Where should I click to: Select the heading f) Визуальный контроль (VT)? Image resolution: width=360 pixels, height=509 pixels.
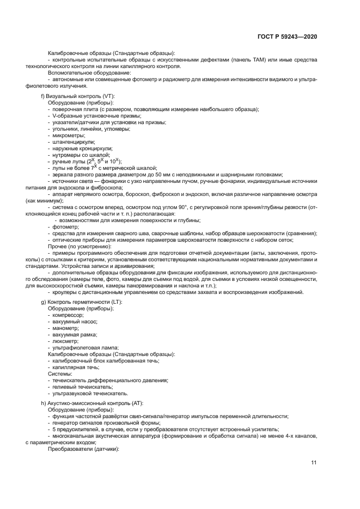(x=78, y=96)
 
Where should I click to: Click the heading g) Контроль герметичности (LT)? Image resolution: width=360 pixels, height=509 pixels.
(x=82, y=302)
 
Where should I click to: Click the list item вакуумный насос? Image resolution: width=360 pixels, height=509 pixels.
(x=72, y=322)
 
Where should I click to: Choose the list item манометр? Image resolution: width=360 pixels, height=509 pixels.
(x=66, y=328)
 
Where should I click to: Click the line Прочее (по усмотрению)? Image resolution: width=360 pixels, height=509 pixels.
(x=80, y=247)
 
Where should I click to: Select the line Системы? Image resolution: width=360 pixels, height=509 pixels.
(x=60, y=374)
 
